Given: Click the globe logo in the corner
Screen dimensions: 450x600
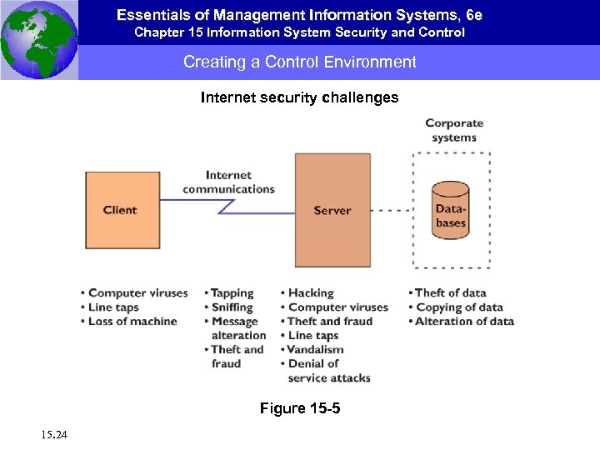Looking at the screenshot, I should coord(39,40).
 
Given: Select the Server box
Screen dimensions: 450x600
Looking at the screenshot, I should coord(332,210).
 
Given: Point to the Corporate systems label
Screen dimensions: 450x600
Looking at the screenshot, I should coord(454,130).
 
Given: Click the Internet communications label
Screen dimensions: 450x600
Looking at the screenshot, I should coord(228,182).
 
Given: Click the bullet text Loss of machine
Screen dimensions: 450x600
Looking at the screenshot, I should coord(132,322).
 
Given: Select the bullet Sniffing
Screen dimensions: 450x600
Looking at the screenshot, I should coord(232,307).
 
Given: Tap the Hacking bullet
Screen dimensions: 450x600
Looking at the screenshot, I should coord(310,293).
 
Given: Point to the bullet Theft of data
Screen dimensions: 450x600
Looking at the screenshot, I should coord(450,293).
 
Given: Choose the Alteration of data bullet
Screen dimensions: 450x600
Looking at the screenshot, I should coord(464,322).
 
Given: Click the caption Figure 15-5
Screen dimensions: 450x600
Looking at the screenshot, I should coord(300,409).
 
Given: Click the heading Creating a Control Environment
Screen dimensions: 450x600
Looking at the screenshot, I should coord(300,62).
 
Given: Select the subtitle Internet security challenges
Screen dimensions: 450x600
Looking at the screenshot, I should coord(300,98).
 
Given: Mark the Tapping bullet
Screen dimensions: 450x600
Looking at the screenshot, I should coord(232,293).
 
